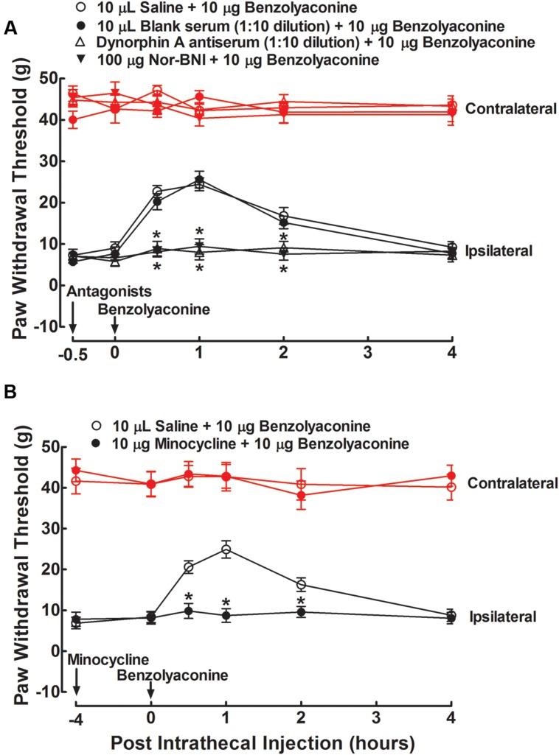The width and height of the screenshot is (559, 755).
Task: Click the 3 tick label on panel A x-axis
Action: coord(367,352)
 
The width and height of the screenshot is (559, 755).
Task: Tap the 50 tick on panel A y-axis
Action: coord(49,78)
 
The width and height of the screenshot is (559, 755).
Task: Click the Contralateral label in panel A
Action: coord(509,109)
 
